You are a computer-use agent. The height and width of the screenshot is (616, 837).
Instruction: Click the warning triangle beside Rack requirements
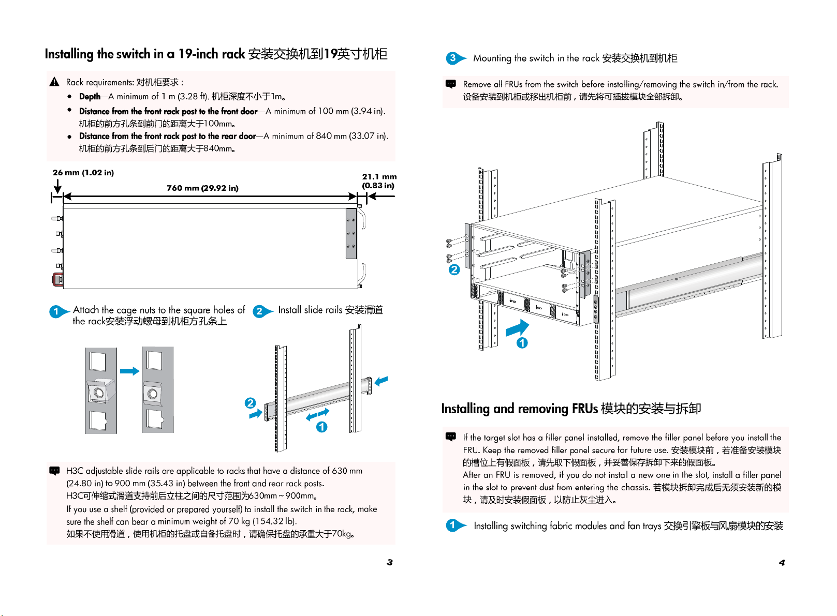(54, 82)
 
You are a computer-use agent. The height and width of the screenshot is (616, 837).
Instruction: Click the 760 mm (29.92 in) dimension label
(202, 188)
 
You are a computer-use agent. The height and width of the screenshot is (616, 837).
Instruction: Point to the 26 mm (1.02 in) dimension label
(83, 172)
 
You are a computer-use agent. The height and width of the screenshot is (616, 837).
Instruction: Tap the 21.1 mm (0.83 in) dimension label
(379, 181)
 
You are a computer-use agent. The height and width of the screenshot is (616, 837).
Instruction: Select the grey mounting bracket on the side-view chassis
(351, 233)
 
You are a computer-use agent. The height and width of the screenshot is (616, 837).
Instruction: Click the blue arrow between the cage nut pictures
(129, 371)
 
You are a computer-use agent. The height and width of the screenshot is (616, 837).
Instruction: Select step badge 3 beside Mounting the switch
(453, 58)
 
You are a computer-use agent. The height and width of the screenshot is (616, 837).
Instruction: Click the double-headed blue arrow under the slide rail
(317, 414)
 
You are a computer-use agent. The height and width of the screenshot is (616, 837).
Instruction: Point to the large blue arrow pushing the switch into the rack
(517, 328)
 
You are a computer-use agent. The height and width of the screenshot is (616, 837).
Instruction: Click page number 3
(390, 562)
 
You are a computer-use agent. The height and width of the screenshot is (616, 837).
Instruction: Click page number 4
(782, 562)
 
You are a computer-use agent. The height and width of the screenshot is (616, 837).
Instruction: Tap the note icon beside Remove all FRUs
(451, 84)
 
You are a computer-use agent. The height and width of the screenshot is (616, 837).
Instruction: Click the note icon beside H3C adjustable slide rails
(54, 471)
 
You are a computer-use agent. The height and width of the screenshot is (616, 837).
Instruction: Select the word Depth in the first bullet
(90, 96)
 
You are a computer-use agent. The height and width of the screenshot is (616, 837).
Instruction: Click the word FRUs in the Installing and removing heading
(585, 409)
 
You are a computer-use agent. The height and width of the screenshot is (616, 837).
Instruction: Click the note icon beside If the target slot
(451, 437)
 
